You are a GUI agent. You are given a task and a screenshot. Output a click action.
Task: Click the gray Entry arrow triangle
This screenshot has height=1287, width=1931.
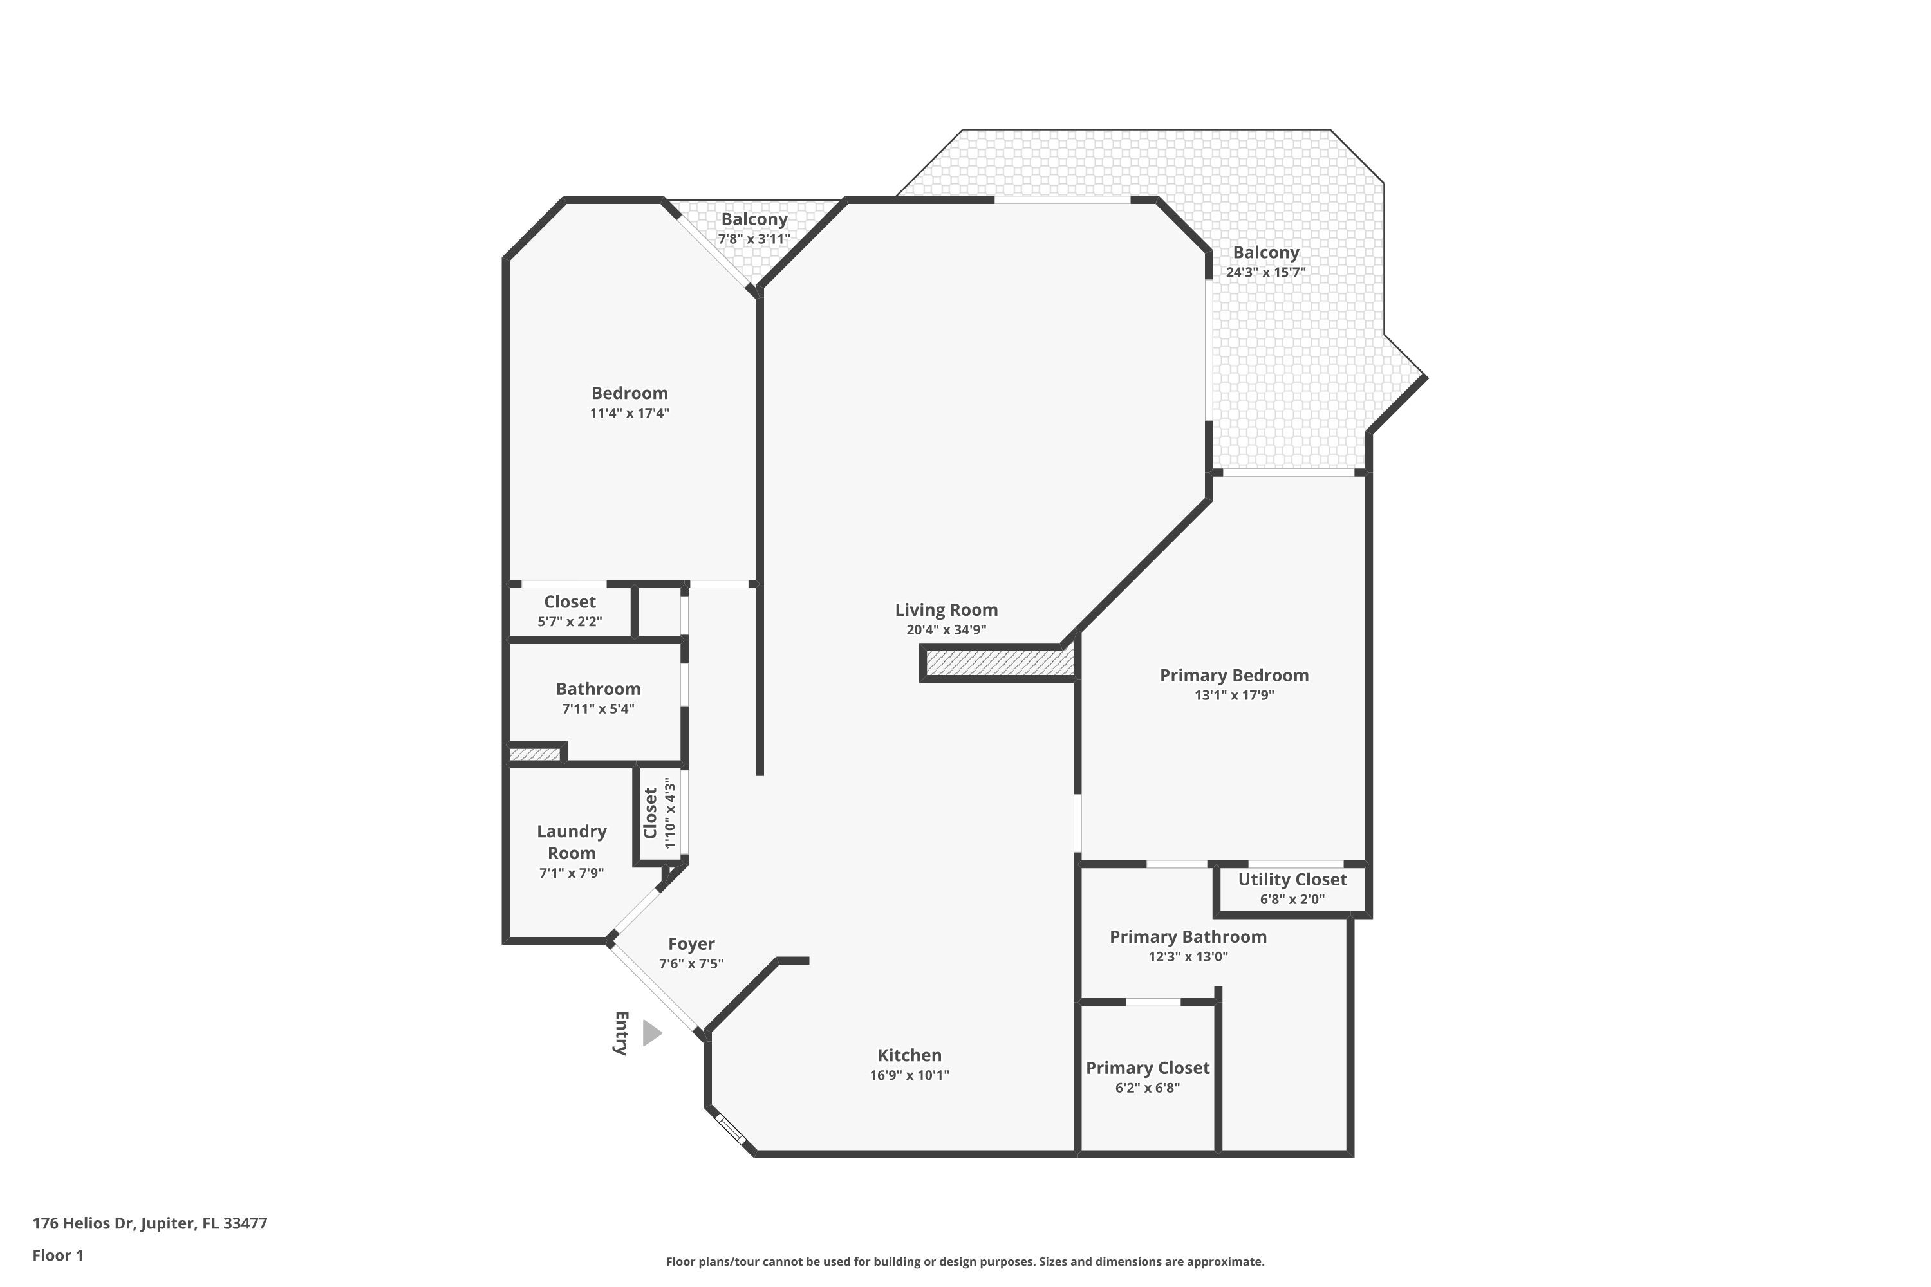tap(651, 1033)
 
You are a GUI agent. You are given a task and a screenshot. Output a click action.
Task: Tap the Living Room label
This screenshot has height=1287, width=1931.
tap(946, 610)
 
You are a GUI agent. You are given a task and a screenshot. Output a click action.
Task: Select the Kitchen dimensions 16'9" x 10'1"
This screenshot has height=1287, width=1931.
tap(909, 1075)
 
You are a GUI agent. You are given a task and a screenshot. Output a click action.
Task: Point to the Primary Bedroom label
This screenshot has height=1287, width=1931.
tap(1233, 676)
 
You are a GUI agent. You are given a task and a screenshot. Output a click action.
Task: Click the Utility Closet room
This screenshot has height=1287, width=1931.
tap(1291, 888)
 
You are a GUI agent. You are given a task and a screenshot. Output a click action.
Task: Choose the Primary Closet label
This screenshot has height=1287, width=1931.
tap(1147, 1068)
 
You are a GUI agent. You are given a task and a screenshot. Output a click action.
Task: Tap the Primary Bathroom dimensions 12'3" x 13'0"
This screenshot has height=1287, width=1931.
tap(1187, 956)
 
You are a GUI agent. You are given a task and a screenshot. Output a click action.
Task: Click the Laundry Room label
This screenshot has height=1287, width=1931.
tap(572, 842)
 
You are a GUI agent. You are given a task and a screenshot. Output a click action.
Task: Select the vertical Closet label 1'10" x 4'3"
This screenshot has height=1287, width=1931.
tap(659, 813)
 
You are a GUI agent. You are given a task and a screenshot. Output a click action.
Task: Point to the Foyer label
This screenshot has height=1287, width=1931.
tap(691, 944)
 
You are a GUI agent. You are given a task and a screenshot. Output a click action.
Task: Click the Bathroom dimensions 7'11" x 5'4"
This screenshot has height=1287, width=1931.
tap(598, 708)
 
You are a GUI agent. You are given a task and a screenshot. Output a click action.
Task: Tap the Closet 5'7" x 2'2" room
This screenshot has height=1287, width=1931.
tap(569, 611)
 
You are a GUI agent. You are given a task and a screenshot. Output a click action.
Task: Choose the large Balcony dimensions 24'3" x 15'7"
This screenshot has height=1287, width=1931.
tap(1265, 272)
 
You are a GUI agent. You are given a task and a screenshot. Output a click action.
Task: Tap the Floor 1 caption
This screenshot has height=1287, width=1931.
tap(57, 1255)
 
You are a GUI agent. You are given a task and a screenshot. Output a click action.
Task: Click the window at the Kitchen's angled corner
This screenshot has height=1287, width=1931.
tap(730, 1129)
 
